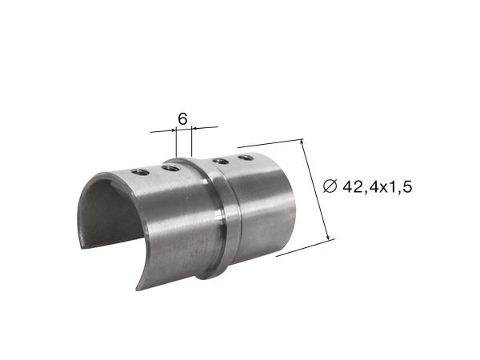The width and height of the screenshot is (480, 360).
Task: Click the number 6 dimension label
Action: pos(182,118)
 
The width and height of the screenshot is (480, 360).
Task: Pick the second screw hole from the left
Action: pos(170,168)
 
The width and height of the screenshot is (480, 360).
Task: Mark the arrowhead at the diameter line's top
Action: pos(302,142)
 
